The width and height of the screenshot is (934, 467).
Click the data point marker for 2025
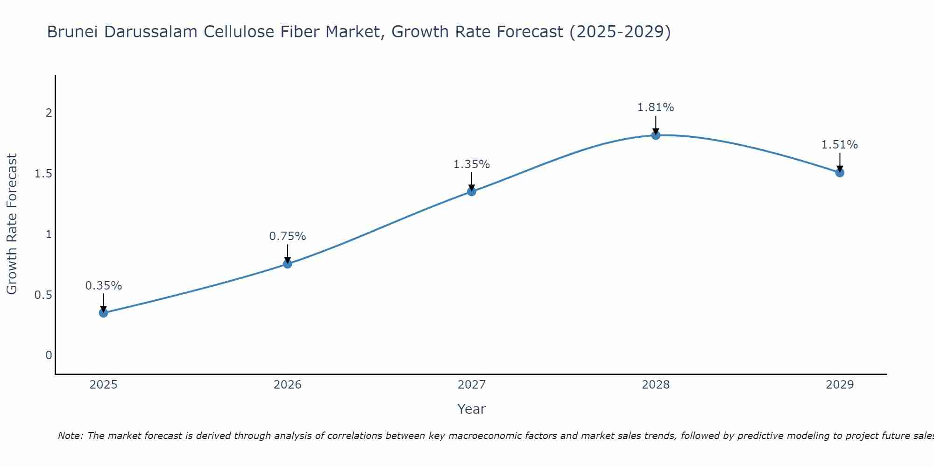[103, 313]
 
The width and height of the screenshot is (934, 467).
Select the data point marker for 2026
[288, 264]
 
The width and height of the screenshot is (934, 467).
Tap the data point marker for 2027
[472, 191]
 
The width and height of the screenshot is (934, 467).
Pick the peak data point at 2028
[656, 135]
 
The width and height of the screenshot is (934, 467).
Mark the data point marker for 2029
[840, 173]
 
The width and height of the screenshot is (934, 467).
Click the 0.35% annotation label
[103, 286]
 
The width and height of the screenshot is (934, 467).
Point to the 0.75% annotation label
[288, 236]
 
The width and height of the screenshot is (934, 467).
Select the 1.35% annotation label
[472, 164]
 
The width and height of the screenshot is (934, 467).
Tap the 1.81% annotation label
[656, 107]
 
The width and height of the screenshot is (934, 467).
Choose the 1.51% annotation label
[840, 145]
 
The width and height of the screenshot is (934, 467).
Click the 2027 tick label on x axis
[472, 385]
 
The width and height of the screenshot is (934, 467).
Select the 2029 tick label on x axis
[840, 385]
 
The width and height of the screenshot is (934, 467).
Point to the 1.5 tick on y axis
[43, 174]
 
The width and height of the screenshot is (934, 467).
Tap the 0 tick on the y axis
[49, 355]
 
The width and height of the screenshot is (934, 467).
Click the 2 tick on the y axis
[49, 113]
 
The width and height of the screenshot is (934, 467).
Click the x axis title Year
[472, 409]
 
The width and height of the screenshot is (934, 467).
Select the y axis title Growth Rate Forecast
[12, 224]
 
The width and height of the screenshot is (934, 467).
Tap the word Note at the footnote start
[70, 436]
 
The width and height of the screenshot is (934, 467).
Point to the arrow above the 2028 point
[656, 124]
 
